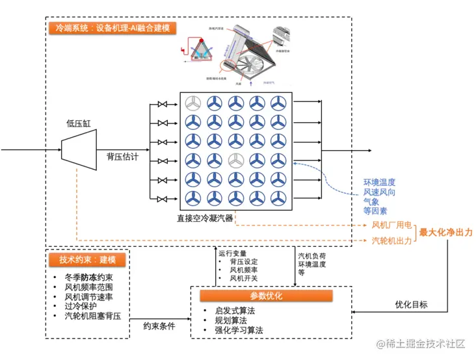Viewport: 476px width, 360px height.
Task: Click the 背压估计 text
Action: [x=122, y=157]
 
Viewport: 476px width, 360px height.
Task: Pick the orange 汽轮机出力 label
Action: [x=391, y=240]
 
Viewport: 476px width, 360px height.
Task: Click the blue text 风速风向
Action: [x=379, y=192]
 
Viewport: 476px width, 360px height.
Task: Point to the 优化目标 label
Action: [x=411, y=304]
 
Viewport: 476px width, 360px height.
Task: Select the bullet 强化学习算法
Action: [x=238, y=330]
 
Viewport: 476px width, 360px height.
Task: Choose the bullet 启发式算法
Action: [x=234, y=311]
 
